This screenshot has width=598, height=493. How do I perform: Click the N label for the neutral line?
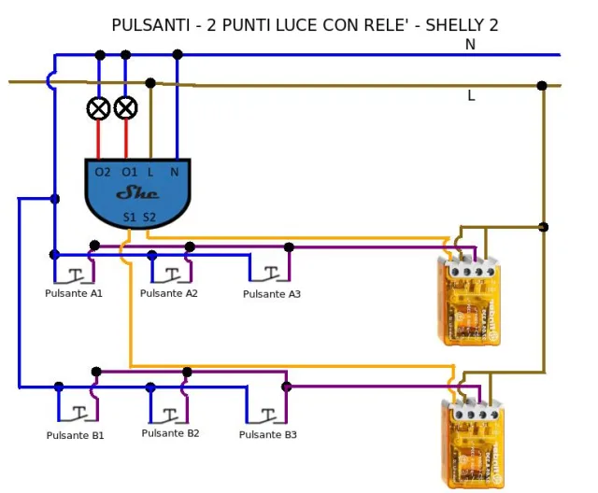470,45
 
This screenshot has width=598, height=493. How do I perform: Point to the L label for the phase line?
471,95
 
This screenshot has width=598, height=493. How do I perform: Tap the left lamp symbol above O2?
98,108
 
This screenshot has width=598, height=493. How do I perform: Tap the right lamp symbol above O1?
125,108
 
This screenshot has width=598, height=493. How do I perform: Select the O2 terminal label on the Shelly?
103,172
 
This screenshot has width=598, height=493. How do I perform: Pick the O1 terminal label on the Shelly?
129,172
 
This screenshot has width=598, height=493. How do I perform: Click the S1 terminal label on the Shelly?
130,218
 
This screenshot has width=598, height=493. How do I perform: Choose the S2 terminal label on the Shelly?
149,218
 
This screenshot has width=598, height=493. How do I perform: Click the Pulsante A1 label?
74,293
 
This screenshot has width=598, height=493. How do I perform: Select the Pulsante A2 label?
169,293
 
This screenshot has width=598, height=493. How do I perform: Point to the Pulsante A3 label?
272,294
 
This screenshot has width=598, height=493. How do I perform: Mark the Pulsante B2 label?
171,433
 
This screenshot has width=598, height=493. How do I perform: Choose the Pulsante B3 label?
268,435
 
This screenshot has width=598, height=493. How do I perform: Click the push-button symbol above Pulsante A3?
270,274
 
